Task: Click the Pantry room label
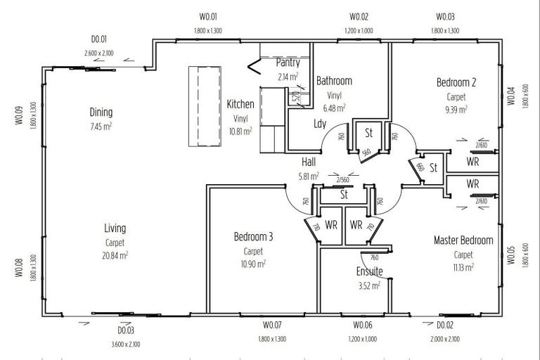coord(288,63)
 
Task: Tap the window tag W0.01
coord(209,17)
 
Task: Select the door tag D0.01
coord(98,39)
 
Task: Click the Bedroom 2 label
coord(456,83)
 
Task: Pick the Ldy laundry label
coord(319,124)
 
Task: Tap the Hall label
coord(309,162)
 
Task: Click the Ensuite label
coord(369,271)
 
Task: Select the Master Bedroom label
coord(463,240)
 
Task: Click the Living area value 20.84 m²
coord(115,255)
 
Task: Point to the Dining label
coord(101,112)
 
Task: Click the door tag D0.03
coord(126,330)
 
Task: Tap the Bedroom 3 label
coord(253,237)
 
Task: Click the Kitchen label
coord(240,105)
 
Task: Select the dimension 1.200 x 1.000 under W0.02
coord(359,31)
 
